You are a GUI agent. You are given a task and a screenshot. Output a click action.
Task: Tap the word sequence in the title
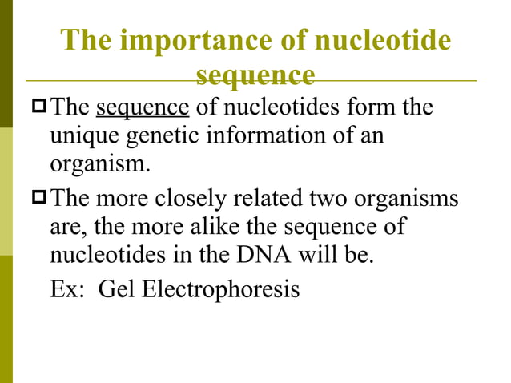coord(255,75)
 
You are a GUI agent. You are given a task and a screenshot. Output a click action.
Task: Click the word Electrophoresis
coord(221,288)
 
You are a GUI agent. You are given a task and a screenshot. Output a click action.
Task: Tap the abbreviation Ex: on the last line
coord(67,288)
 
